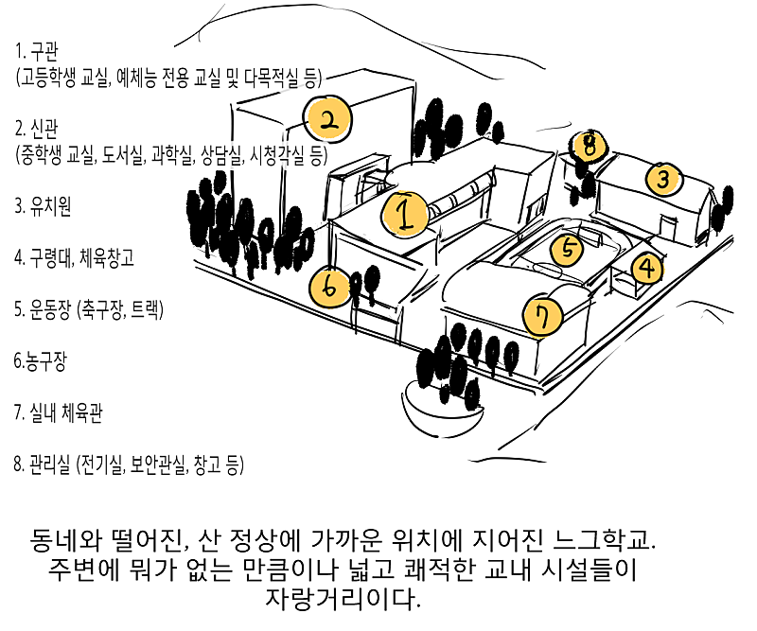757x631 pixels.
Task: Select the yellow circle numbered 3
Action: [x=664, y=177]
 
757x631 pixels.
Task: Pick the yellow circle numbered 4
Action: [x=647, y=269]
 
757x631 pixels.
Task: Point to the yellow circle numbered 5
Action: [x=568, y=249]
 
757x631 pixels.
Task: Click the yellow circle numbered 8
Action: [x=589, y=145]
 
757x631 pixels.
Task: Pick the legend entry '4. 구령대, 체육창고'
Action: [x=74, y=257]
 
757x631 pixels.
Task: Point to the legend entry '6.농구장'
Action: [x=38, y=360]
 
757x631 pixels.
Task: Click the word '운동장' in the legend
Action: [x=53, y=308]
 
